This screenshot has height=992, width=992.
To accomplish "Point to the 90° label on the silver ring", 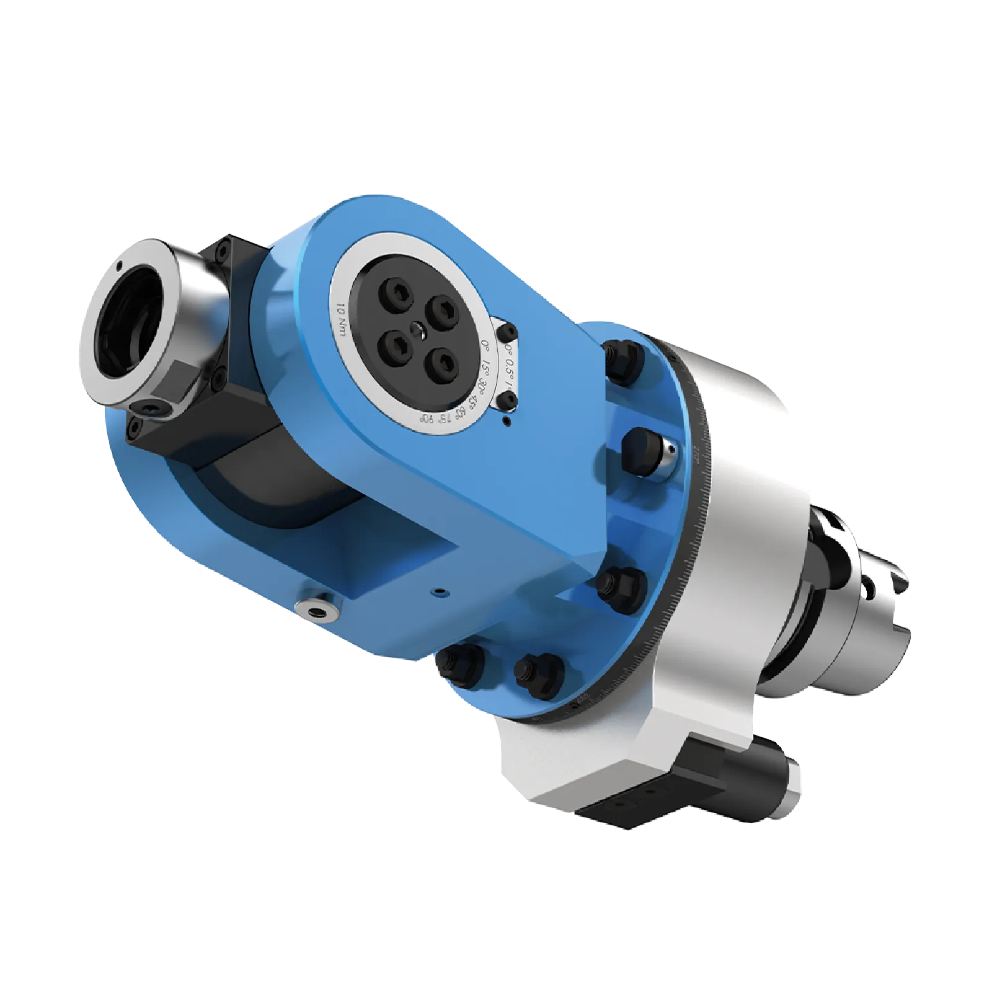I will tap(426, 417).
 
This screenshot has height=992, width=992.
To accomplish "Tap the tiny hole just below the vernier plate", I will tap(508, 422).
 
